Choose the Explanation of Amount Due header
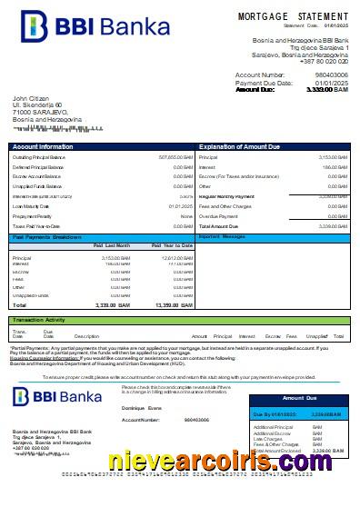click(239, 146)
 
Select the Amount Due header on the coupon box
click(299, 398)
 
